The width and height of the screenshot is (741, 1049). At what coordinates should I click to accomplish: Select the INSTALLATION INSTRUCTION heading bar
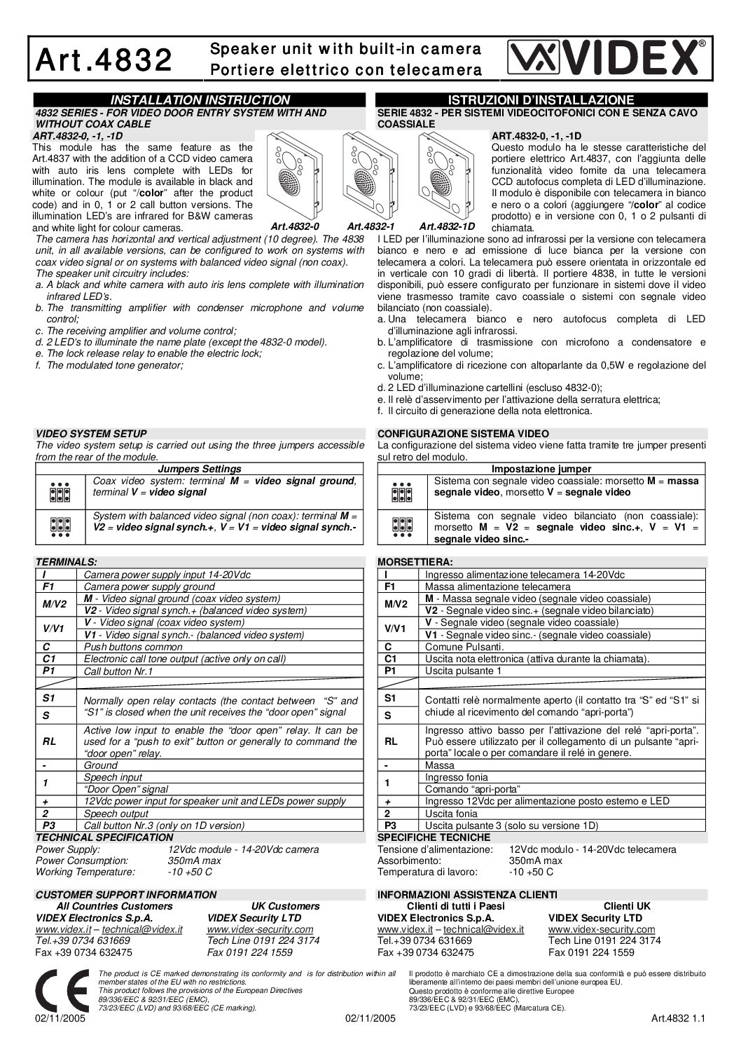pyautogui.click(x=200, y=100)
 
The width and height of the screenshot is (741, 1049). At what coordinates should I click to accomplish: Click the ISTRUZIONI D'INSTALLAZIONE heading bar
pyautogui.click(x=541, y=100)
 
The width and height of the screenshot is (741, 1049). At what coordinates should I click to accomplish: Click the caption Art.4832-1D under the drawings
pyautogui.click(x=447, y=226)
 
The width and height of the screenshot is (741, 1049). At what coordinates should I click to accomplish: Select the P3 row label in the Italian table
pyautogui.click(x=390, y=825)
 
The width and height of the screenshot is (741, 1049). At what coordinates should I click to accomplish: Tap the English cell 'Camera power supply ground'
pyautogui.click(x=149, y=587)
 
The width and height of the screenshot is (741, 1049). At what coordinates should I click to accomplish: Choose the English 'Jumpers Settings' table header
pyautogui.click(x=200, y=469)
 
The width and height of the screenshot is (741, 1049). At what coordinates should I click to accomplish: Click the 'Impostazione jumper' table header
pyautogui.click(x=541, y=469)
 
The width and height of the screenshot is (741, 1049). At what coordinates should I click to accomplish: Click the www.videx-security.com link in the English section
pyautogui.click(x=260, y=929)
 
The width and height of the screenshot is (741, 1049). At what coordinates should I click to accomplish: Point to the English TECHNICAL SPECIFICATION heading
pyautogui.click(x=104, y=837)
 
